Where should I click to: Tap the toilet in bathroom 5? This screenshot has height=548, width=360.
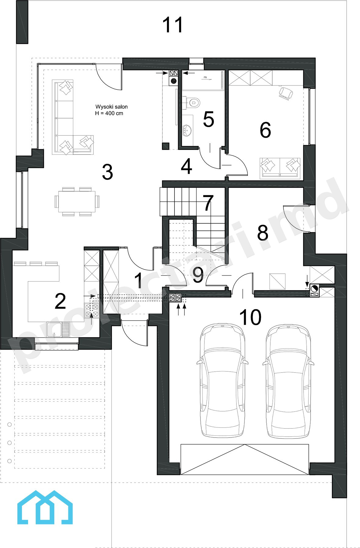[192, 102]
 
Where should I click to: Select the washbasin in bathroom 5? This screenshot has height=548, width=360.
[187, 130]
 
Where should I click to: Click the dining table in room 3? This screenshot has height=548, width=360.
[77, 201]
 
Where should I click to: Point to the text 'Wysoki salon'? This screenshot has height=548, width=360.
[111, 107]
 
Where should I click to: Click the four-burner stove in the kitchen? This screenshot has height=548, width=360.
[92, 311]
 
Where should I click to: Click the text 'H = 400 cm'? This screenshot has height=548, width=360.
[109, 113]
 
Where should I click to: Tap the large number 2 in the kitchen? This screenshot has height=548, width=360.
[60, 301]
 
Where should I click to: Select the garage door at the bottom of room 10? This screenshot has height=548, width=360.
[245, 459]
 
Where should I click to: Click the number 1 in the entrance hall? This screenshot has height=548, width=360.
[139, 280]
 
